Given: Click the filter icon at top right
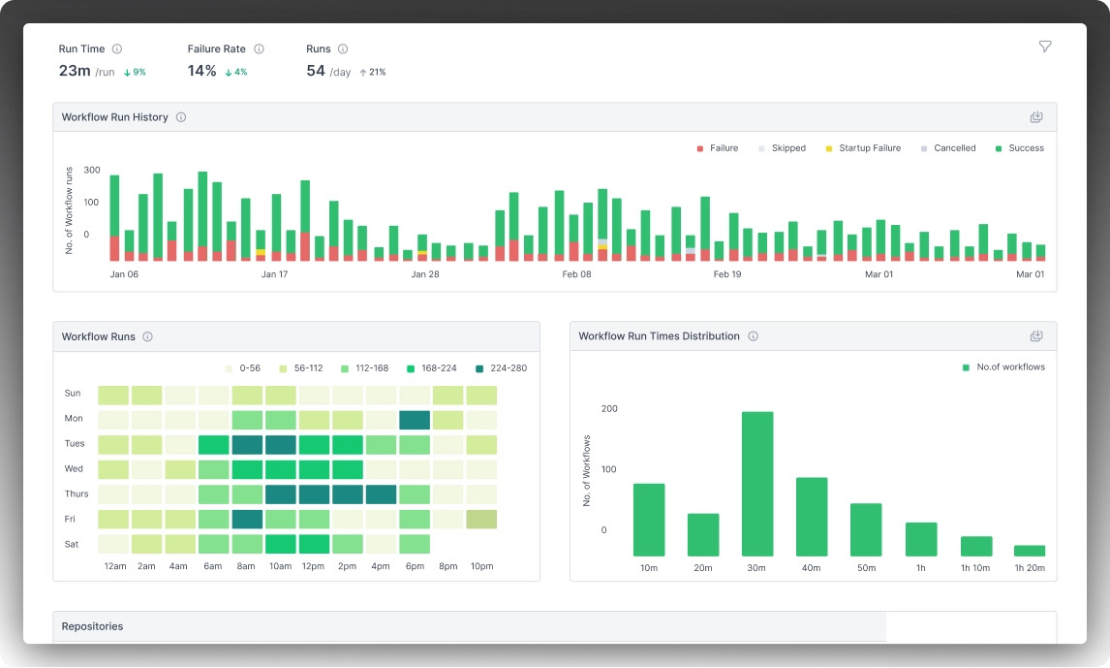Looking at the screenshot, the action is (x=1045, y=47).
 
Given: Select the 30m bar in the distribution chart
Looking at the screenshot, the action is (x=756, y=484).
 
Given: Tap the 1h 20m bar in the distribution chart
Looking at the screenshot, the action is (x=1030, y=551).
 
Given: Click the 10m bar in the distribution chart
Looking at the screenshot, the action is (x=648, y=520).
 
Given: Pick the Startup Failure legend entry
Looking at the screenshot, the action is (x=863, y=148).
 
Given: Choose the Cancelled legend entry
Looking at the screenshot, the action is (x=948, y=148).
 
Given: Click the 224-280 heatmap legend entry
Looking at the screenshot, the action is (x=501, y=368).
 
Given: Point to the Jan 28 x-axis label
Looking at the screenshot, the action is (x=425, y=274).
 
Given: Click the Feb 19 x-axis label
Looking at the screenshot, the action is (x=727, y=274).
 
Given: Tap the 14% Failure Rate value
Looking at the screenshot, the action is (x=201, y=71).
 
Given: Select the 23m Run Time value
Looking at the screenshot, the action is (x=75, y=71).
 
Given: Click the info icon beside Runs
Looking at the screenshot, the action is (x=343, y=48).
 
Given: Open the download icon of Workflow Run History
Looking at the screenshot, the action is (x=1036, y=117).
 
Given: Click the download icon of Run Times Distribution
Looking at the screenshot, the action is (x=1036, y=335).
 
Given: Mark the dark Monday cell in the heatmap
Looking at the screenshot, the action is (x=415, y=420).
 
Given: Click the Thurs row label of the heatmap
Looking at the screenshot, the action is (x=77, y=493).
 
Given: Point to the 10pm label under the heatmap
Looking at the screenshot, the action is (x=482, y=566).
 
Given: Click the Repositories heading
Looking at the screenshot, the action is (x=92, y=626).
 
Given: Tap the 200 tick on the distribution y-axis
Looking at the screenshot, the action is (x=609, y=409).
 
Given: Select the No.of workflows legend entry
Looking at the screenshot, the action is (x=1003, y=366).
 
